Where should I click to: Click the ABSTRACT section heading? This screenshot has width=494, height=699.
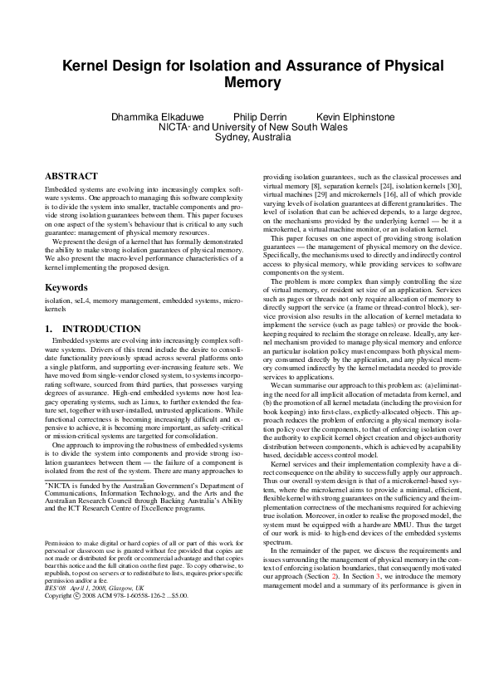(71, 177)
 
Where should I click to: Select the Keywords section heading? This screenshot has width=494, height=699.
(67, 287)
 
